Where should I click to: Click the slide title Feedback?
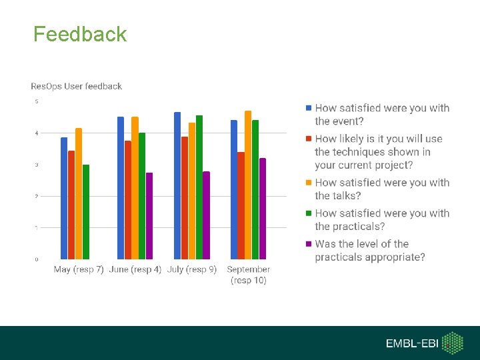pos(80,34)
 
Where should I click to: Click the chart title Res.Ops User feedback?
pos(77,86)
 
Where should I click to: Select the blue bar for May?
pos(64,199)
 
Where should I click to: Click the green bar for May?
pos(86,212)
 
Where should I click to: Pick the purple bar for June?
pos(149,216)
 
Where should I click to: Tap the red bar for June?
pos(127,200)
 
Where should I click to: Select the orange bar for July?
pos(192,191)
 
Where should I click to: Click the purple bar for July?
pos(207,215)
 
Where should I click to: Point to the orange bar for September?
pos(248,185)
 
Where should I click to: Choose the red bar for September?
pos(241,205)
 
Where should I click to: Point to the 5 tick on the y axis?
pos(37,101)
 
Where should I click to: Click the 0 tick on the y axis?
pos(37,259)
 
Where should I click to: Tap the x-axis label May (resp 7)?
pos(79,269)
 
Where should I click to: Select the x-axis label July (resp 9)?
pos(192,269)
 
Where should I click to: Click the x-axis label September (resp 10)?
pos(248,275)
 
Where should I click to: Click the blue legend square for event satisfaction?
pos(308,108)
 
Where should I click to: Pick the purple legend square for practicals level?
pos(308,244)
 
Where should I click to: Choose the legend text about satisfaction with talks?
pos(382,189)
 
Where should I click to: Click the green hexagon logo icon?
pos(454,343)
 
